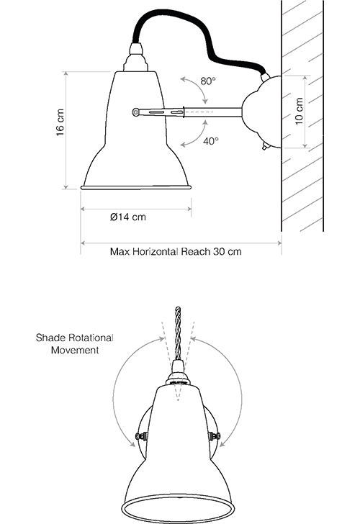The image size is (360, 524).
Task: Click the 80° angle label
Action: [208, 81]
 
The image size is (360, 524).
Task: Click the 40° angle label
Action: [211, 141]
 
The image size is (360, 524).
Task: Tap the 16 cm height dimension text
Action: [60, 122]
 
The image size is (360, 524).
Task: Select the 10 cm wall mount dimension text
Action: [300, 112]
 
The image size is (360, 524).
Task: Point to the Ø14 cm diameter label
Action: [128, 217]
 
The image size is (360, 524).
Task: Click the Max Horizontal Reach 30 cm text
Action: [176, 251]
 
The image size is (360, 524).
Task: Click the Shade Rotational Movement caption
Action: [75, 344]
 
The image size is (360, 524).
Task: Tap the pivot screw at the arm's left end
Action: [135, 112]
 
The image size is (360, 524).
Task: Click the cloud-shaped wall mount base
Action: [261, 112]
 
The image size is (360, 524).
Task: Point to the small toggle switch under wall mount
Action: [266, 146]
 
